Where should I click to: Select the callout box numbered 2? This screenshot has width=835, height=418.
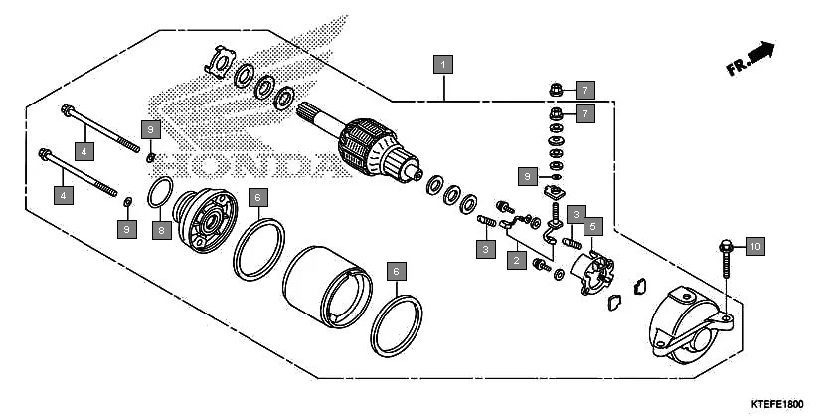515,262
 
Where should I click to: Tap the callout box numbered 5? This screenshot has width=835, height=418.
591,226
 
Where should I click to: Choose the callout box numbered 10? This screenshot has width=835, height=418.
753,245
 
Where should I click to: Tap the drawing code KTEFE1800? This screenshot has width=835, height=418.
777,403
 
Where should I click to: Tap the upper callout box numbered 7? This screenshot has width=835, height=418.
585,89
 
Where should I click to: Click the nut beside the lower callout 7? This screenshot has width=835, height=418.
557,113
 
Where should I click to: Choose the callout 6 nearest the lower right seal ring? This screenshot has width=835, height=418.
395,271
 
